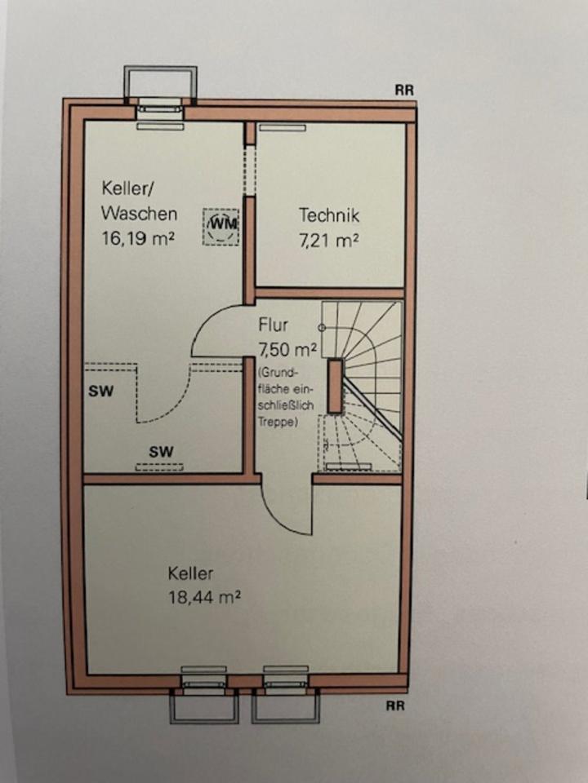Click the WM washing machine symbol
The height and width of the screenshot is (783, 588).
pos(222,223)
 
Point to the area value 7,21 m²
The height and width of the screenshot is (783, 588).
pos(330,241)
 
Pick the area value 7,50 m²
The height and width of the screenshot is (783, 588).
pos(286,350)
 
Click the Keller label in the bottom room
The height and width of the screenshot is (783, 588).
pos(191,573)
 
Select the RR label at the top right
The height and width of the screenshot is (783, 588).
pos(405,91)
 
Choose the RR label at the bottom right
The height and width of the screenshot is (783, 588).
pos(396,706)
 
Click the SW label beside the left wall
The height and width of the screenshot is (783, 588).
pos(100,391)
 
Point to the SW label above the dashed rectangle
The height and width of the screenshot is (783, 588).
pos(160,450)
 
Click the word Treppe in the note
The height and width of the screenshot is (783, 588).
pos(275,422)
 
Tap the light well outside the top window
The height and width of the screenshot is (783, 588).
pos(159,83)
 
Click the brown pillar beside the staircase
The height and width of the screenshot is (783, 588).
pos(335,385)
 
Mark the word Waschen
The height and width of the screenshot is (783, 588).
pos(139,214)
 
